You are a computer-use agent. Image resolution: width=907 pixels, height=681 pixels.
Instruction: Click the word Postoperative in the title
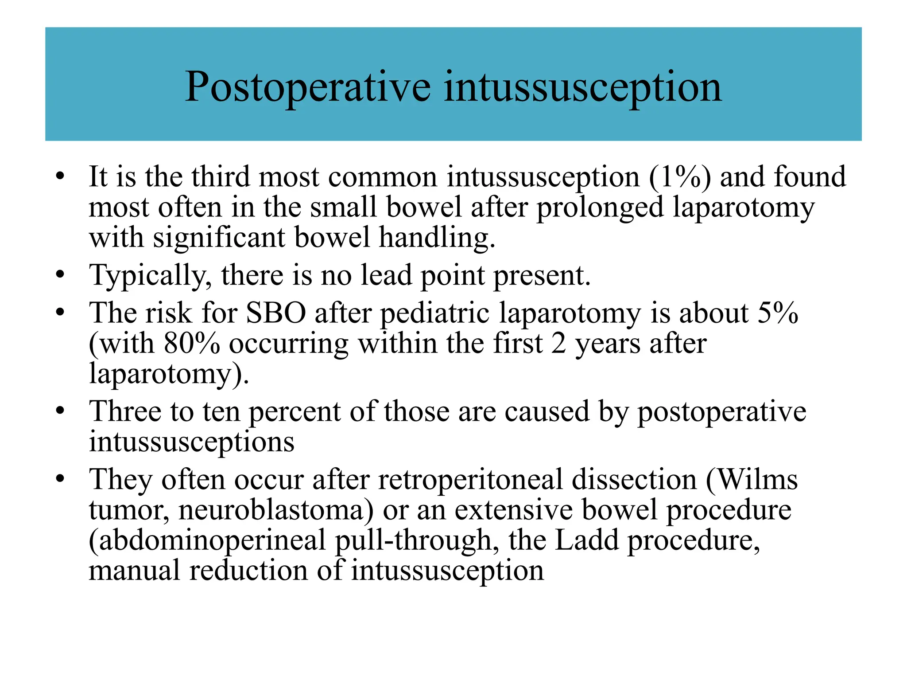pos(307,87)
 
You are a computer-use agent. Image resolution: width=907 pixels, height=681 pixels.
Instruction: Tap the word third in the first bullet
pos(221,176)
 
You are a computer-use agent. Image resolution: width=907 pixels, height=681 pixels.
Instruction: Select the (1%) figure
pos(680,176)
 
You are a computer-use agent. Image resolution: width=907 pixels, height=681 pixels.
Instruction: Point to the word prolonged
pos(600,207)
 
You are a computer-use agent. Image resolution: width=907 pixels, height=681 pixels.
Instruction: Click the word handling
pos(437,238)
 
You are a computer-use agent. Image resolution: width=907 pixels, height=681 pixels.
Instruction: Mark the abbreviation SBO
pos(275,313)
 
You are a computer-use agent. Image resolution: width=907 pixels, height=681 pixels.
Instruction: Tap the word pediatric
pos(435,313)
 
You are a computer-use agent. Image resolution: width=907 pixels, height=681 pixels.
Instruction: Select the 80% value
pos(192,343)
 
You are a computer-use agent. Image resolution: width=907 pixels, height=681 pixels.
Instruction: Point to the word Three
pos(125,411)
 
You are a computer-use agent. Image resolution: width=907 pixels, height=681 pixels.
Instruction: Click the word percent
pos(295,412)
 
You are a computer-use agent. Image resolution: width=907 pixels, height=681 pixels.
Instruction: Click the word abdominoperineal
pos(207,541)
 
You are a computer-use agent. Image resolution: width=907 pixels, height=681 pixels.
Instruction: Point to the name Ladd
pos(586,540)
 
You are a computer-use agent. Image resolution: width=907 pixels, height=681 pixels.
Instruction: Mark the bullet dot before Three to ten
pos(60,411)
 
